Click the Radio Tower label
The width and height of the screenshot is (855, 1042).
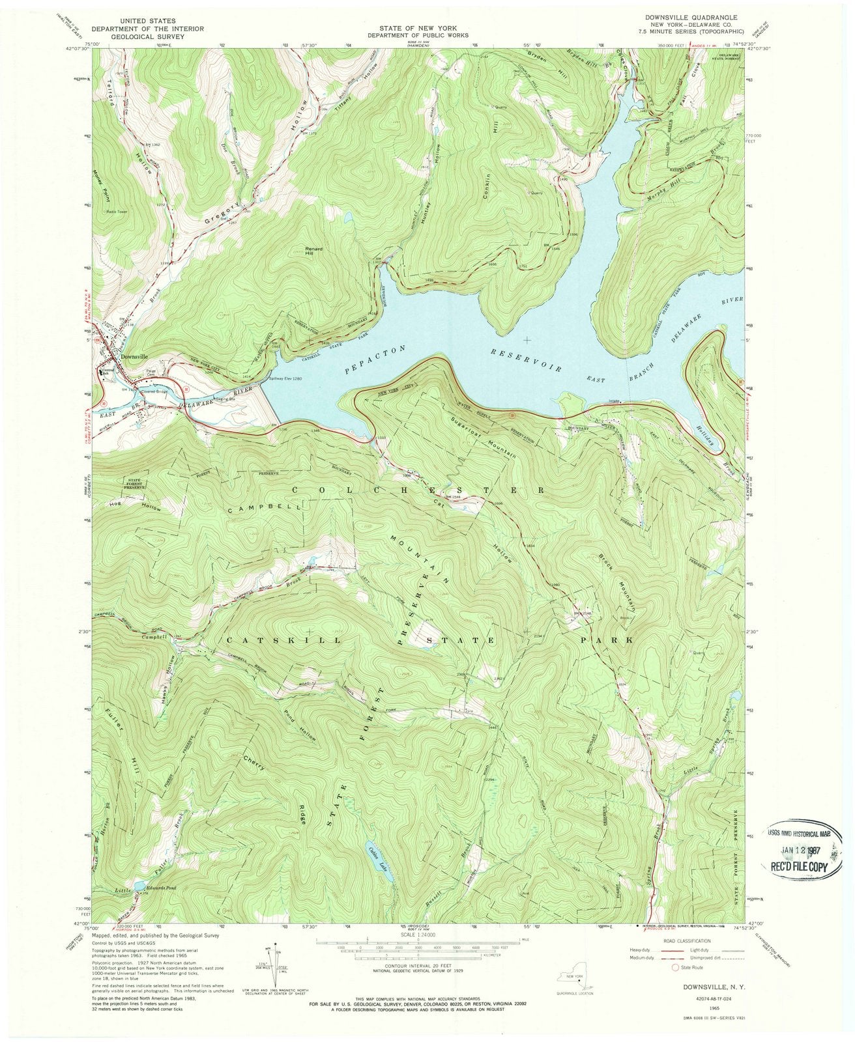pyautogui.click(x=119, y=210)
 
